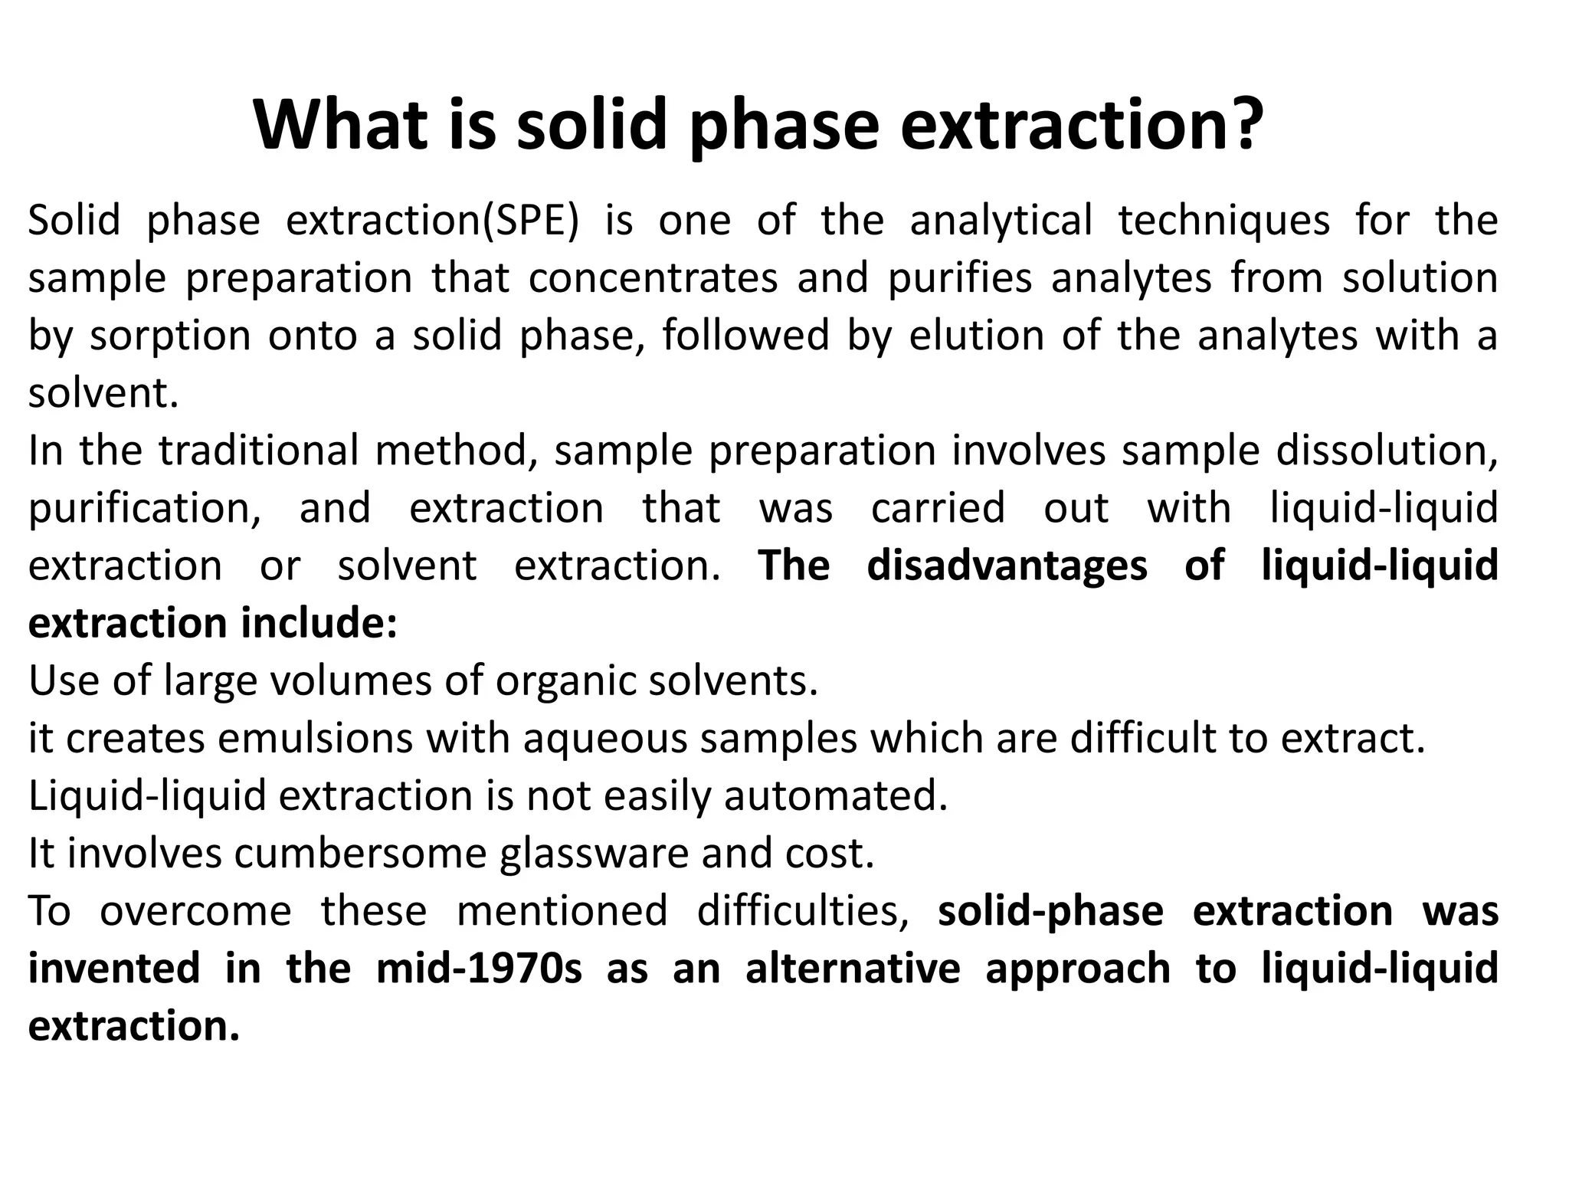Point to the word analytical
pyautogui.click(x=1001, y=221)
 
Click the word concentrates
pyautogui.click(x=653, y=278)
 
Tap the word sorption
pyautogui.click(x=170, y=336)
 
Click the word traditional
pyautogui.click(x=258, y=451)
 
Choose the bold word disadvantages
pyautogui.click(x=1007, y=566)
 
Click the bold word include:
pyautogui.click(x=319, y=623)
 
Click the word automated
pyautogui.click(x=836, y=796)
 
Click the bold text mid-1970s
pyautogui.click(x=479, y=969)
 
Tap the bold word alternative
pyautogui.click(x=852, y=969)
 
